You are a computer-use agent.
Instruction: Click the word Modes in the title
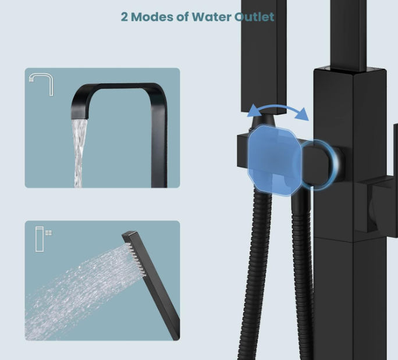tap(153, 17)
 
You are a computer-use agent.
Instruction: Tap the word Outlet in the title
tap(253, 17)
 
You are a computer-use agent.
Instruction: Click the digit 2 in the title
tap(125, 17)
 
